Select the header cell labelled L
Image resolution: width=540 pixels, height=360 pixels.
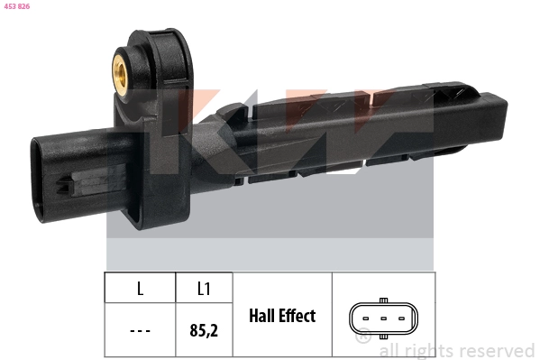click(x=140, y=289)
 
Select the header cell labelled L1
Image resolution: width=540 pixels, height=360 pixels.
click(x=204, y=289)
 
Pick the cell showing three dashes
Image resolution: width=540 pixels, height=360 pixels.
click(x=140, y=330)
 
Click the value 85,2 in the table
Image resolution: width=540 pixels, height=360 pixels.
click(x=204, y=330)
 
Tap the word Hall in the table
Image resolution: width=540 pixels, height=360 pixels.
click(x=266, y=316)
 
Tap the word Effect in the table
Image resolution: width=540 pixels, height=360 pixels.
click(x=298, y=316)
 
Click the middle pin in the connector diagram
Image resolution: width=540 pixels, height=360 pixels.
click(x=383, y=318)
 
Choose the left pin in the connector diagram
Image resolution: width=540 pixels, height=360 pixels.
click(x=365, y=318)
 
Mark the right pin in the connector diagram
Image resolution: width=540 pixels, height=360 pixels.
click(x=401, y=318)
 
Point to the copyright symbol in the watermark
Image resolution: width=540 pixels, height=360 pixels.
click(x=363, y=337)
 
